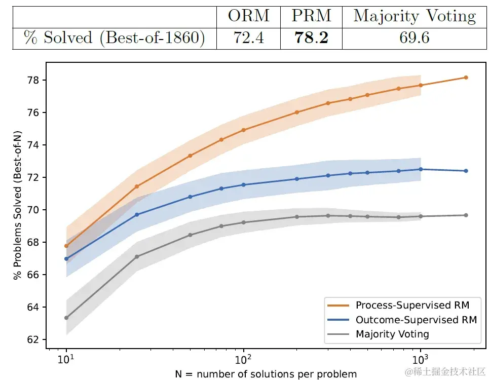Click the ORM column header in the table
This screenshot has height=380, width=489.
pos(248,16)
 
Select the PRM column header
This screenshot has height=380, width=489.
pos(311,16)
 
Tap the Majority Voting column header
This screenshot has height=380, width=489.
pos(415,16)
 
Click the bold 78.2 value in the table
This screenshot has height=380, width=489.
pos(311,38)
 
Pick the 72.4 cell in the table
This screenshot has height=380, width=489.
pos(248,38)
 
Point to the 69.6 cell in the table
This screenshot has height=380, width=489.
pos(415,38)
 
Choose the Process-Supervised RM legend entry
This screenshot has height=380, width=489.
pos(412,305)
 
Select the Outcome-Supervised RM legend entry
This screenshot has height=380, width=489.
pos(416,320)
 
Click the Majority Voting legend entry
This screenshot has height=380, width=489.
pos(392,334)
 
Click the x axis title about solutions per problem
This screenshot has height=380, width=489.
pos(266,374)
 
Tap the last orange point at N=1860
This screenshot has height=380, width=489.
pos(466,78)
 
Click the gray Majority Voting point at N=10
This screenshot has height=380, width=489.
pos(66,318)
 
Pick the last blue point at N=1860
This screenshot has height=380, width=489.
pos(466,171)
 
